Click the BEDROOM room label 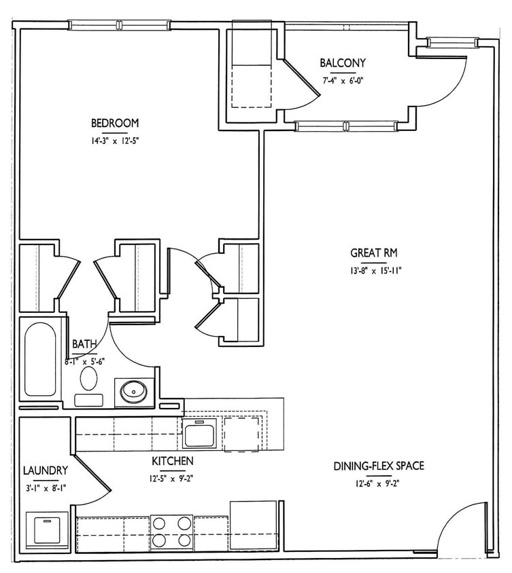coord(115,123)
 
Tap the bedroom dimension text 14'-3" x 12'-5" coord(115,142)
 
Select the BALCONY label coord(343,63)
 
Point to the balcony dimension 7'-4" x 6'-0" coord(343,80)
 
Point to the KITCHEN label coord(173,461)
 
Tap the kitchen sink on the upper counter coord(199,432)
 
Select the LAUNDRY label coord(45,470)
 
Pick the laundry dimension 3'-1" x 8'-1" coord(45,487)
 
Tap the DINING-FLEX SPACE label coord(379,466)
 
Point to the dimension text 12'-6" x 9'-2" coord(379,483)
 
